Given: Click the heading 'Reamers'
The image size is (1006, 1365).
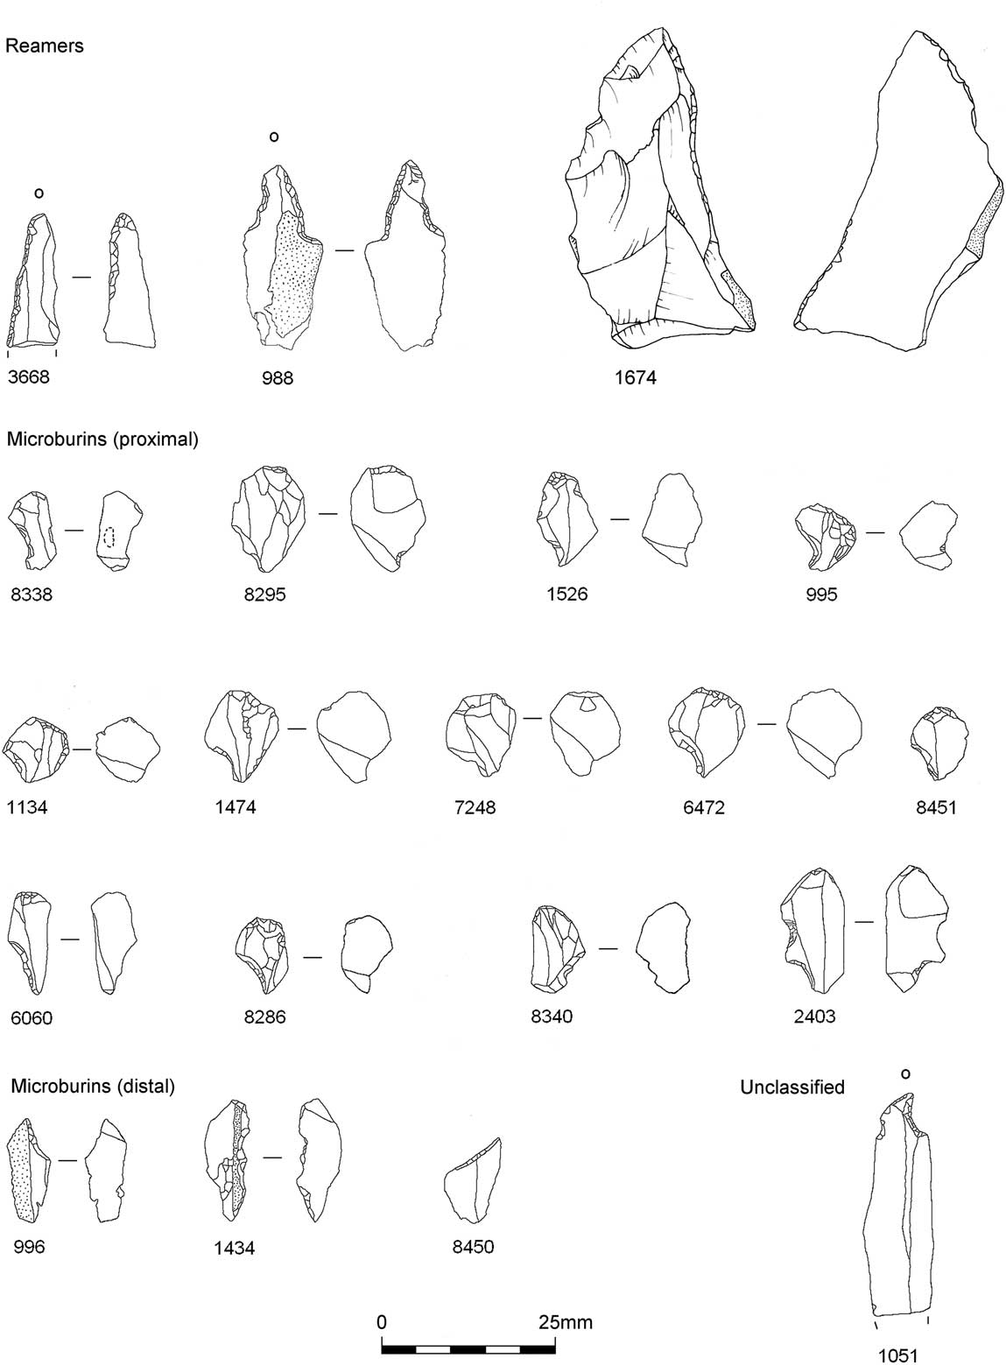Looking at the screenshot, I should coord(45,46).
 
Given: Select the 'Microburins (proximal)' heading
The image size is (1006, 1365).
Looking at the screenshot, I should coord(102,440).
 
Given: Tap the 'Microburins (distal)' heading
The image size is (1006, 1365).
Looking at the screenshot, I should coord(94,1087).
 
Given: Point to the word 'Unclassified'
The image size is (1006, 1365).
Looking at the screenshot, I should coord(792,1087).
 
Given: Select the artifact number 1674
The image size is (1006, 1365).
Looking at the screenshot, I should coord(636,378).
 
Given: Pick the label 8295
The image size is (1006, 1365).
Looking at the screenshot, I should coord(265,595).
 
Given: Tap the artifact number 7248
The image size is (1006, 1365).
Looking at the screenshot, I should coord(474,806).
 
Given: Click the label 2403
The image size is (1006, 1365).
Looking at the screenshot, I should coord(814,1017).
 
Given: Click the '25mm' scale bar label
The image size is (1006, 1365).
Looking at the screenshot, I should coord(565,1321).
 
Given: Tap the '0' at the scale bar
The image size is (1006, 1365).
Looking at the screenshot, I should coord(382,1321).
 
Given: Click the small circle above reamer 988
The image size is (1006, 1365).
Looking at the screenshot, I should coord(274,137).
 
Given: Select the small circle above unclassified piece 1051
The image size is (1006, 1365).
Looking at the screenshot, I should coord(905,1073).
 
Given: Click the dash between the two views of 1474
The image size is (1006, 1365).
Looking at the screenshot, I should coord(297,728).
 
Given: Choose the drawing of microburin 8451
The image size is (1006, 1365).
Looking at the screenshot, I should coord(939,742).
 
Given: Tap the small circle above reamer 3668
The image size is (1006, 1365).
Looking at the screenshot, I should coord(39,193).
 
